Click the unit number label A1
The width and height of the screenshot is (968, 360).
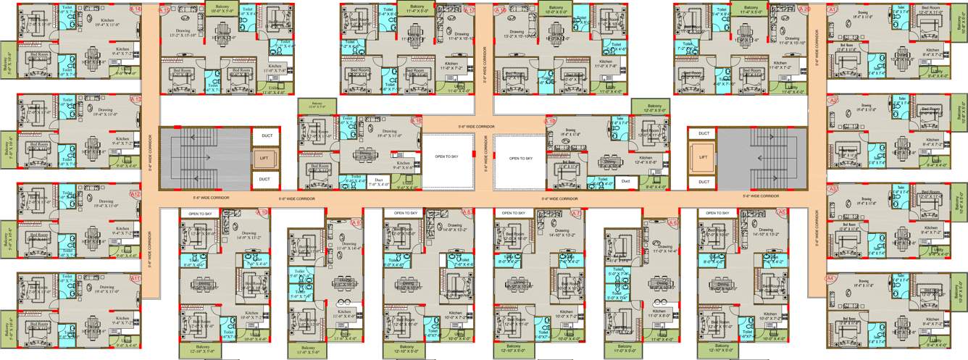(832, 9)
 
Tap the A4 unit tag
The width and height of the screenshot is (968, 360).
(832, 277)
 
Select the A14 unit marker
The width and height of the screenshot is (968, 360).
(137, 9)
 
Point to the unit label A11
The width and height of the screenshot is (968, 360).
(135, 279)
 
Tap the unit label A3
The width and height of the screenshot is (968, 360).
(833, 188)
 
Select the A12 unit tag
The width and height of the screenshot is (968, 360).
(135, 194)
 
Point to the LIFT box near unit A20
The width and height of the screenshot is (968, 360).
(703, 157)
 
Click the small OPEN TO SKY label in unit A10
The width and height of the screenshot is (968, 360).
(200, 214)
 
